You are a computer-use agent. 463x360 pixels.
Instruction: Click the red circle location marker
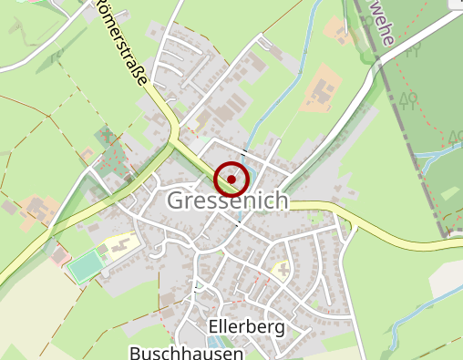click(231, 179)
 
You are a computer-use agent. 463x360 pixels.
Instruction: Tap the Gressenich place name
click(228, 201)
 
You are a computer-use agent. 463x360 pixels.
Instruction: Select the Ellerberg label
click(246, 326)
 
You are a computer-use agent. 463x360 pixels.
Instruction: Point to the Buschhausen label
click(186, 352)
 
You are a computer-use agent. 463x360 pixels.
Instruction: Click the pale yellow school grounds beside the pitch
click(119, 244)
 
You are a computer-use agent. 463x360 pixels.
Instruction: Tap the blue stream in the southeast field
click(401, 333)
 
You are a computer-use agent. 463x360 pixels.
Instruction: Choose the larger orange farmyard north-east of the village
click(321, 91)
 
